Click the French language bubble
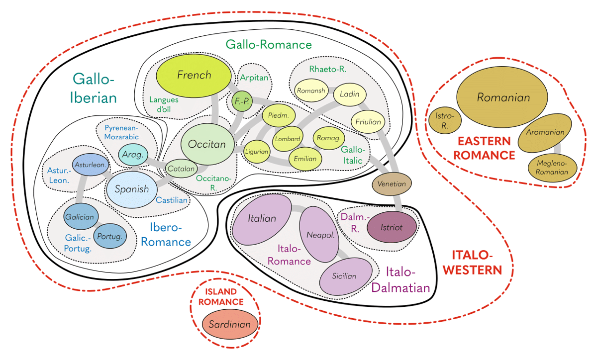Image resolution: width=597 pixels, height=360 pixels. [194, 76]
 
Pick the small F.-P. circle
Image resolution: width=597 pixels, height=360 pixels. [243, 101]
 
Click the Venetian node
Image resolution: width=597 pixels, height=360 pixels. [392, 184]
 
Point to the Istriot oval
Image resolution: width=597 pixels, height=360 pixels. [392, 227]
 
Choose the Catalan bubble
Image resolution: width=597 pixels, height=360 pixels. [181, 169]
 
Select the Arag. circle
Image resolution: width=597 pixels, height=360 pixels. [132, 155]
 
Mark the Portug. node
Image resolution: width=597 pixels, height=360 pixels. [110, 236]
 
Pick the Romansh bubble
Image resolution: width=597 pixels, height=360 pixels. [310, 90]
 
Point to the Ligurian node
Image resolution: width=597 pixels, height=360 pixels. [257, 151]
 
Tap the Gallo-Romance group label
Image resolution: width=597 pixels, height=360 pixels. [269, 45]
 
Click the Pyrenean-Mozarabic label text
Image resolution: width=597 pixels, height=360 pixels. [121, 132]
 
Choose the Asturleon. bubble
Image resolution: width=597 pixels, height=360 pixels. [88, 165]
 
